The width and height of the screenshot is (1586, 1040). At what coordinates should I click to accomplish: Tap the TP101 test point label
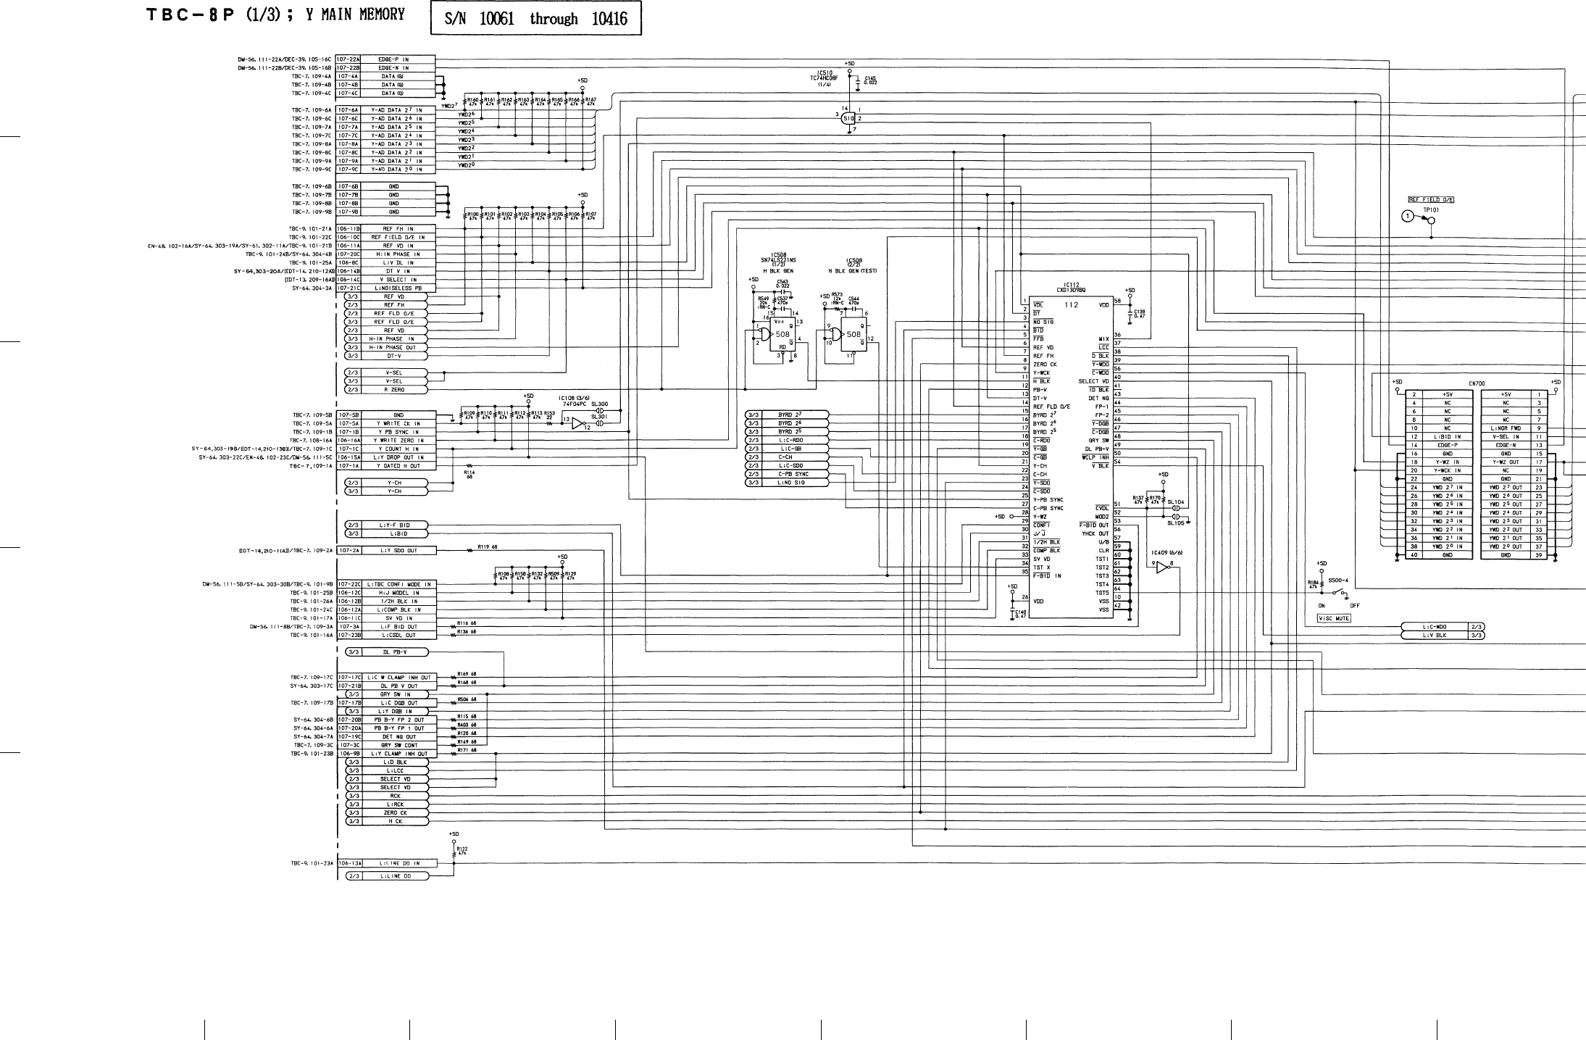coord(1430,209)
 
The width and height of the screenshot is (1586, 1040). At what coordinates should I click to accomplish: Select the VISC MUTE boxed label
coord(1333,618)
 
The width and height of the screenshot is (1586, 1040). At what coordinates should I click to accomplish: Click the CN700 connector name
coord(1477,383)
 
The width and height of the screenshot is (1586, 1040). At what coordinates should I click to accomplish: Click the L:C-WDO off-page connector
coord(1434,627)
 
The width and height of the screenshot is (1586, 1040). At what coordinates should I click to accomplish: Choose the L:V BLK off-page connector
coord(1434,636)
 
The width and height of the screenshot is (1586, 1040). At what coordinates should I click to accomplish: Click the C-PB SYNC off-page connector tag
coord(793,474)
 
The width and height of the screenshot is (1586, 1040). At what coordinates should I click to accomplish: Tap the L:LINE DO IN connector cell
coord(398,863)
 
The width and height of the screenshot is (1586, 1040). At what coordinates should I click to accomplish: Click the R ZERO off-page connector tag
coord(394,390)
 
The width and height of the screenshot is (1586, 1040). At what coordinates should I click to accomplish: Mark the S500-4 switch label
coord(1337,580)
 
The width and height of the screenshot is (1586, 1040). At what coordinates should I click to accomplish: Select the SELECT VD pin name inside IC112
coord(1093,381)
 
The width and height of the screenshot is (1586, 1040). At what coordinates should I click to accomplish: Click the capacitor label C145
coord(870,78)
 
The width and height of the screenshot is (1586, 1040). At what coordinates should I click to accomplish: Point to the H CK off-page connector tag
coord(394,821)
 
